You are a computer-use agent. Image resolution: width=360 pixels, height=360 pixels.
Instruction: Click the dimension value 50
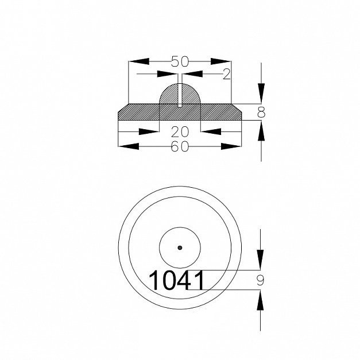coord(180,61)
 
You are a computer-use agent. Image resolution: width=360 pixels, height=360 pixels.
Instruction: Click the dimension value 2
coord(226,74)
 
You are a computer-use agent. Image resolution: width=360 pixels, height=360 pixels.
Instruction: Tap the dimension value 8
coord(261,113)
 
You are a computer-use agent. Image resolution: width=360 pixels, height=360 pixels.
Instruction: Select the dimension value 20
coord(180,132)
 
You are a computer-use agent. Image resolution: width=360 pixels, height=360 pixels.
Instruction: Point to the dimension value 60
coord(180,146)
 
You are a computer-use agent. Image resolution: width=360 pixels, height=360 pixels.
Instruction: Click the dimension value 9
coord(260,280)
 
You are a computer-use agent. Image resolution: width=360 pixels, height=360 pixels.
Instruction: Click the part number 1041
coord(177,280)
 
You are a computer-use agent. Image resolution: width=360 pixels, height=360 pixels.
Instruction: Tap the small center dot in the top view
coord(180,247)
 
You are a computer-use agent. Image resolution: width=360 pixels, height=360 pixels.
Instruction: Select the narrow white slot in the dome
coord(180,95)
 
